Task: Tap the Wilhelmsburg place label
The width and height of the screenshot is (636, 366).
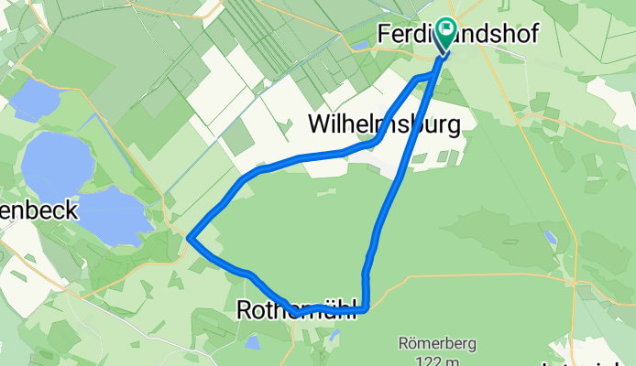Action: (383, 123)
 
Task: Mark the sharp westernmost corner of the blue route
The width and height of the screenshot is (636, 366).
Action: (189, 237)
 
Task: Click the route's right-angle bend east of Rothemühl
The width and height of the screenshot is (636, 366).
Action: (366, 308)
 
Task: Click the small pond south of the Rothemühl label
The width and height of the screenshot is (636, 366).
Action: (251, 341)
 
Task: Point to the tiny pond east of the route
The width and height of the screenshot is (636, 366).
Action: (549, 236)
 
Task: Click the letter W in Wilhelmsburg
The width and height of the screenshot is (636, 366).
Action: (321, 123)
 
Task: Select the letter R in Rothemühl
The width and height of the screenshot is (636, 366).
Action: (244, 311)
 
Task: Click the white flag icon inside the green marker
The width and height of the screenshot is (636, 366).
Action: (447, 28)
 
